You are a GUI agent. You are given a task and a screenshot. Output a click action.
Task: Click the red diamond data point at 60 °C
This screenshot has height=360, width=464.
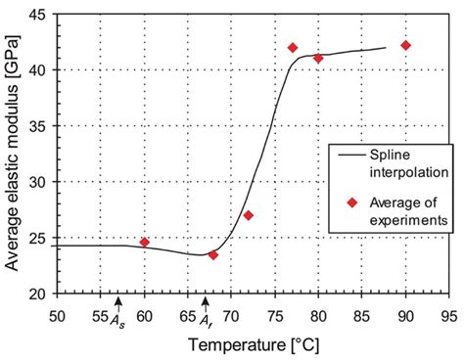click(144, 243)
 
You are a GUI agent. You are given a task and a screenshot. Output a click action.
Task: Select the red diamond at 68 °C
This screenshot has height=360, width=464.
click(213, 255)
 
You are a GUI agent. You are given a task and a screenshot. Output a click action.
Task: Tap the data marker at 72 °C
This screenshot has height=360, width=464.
click(248, 215)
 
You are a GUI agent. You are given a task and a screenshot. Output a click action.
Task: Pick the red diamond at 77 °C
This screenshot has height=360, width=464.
click(292, 48)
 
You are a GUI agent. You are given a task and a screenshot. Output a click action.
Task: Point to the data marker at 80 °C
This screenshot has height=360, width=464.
click(318, 59)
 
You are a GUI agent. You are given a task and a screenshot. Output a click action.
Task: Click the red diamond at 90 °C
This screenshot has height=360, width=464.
click(405, 45)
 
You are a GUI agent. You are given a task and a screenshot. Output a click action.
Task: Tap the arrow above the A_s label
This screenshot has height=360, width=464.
click(117, 303)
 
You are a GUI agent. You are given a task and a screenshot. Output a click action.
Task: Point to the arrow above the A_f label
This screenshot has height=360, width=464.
click(205, 303)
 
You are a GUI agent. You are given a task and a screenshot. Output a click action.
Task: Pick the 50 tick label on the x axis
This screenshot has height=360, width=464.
click(58, 316)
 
